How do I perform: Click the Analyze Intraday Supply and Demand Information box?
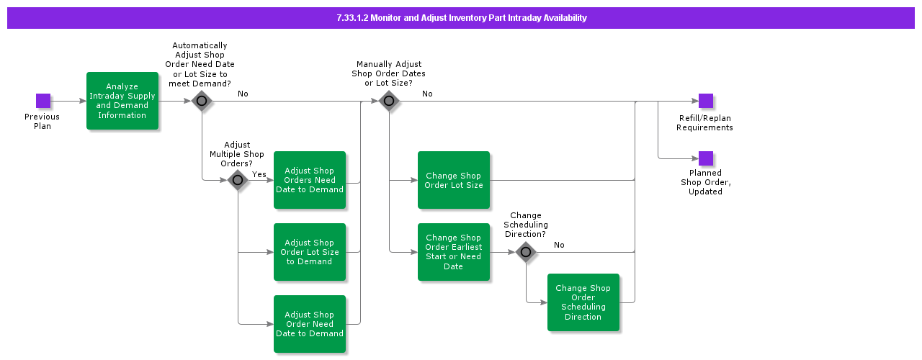(x=122, y=101)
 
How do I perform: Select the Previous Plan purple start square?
(x=43, y=101)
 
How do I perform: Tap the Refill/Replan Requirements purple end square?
(x=705, y=101)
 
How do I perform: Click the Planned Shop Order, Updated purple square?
(x=705, y=158)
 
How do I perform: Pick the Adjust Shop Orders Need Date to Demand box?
(x=310, y=180)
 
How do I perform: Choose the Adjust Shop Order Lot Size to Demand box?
(x=310, y=252)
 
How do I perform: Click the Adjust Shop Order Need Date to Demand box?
(x=310, y=324)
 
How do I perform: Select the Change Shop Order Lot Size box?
(x=454, y=180)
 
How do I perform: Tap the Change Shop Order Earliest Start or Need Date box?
(x=454, y=252)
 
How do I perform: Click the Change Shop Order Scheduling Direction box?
(x=583, y=302)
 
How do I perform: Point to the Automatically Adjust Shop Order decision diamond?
(x=202, y=101)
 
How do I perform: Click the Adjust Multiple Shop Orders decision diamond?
(x=238, y=180)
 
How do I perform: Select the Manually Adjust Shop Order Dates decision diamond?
(x=389, y=101)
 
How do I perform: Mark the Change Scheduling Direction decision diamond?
(x=526, y=252)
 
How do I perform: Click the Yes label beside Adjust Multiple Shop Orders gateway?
(x=259, y=174)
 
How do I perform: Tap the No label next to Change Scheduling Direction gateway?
(x=559, y=245)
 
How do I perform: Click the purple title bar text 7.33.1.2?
(x=461, y=18)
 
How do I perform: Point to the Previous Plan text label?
(x=42, y=121)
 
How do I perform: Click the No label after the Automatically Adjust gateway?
(x=243, y=94)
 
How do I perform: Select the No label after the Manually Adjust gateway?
(x=427, y=94)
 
